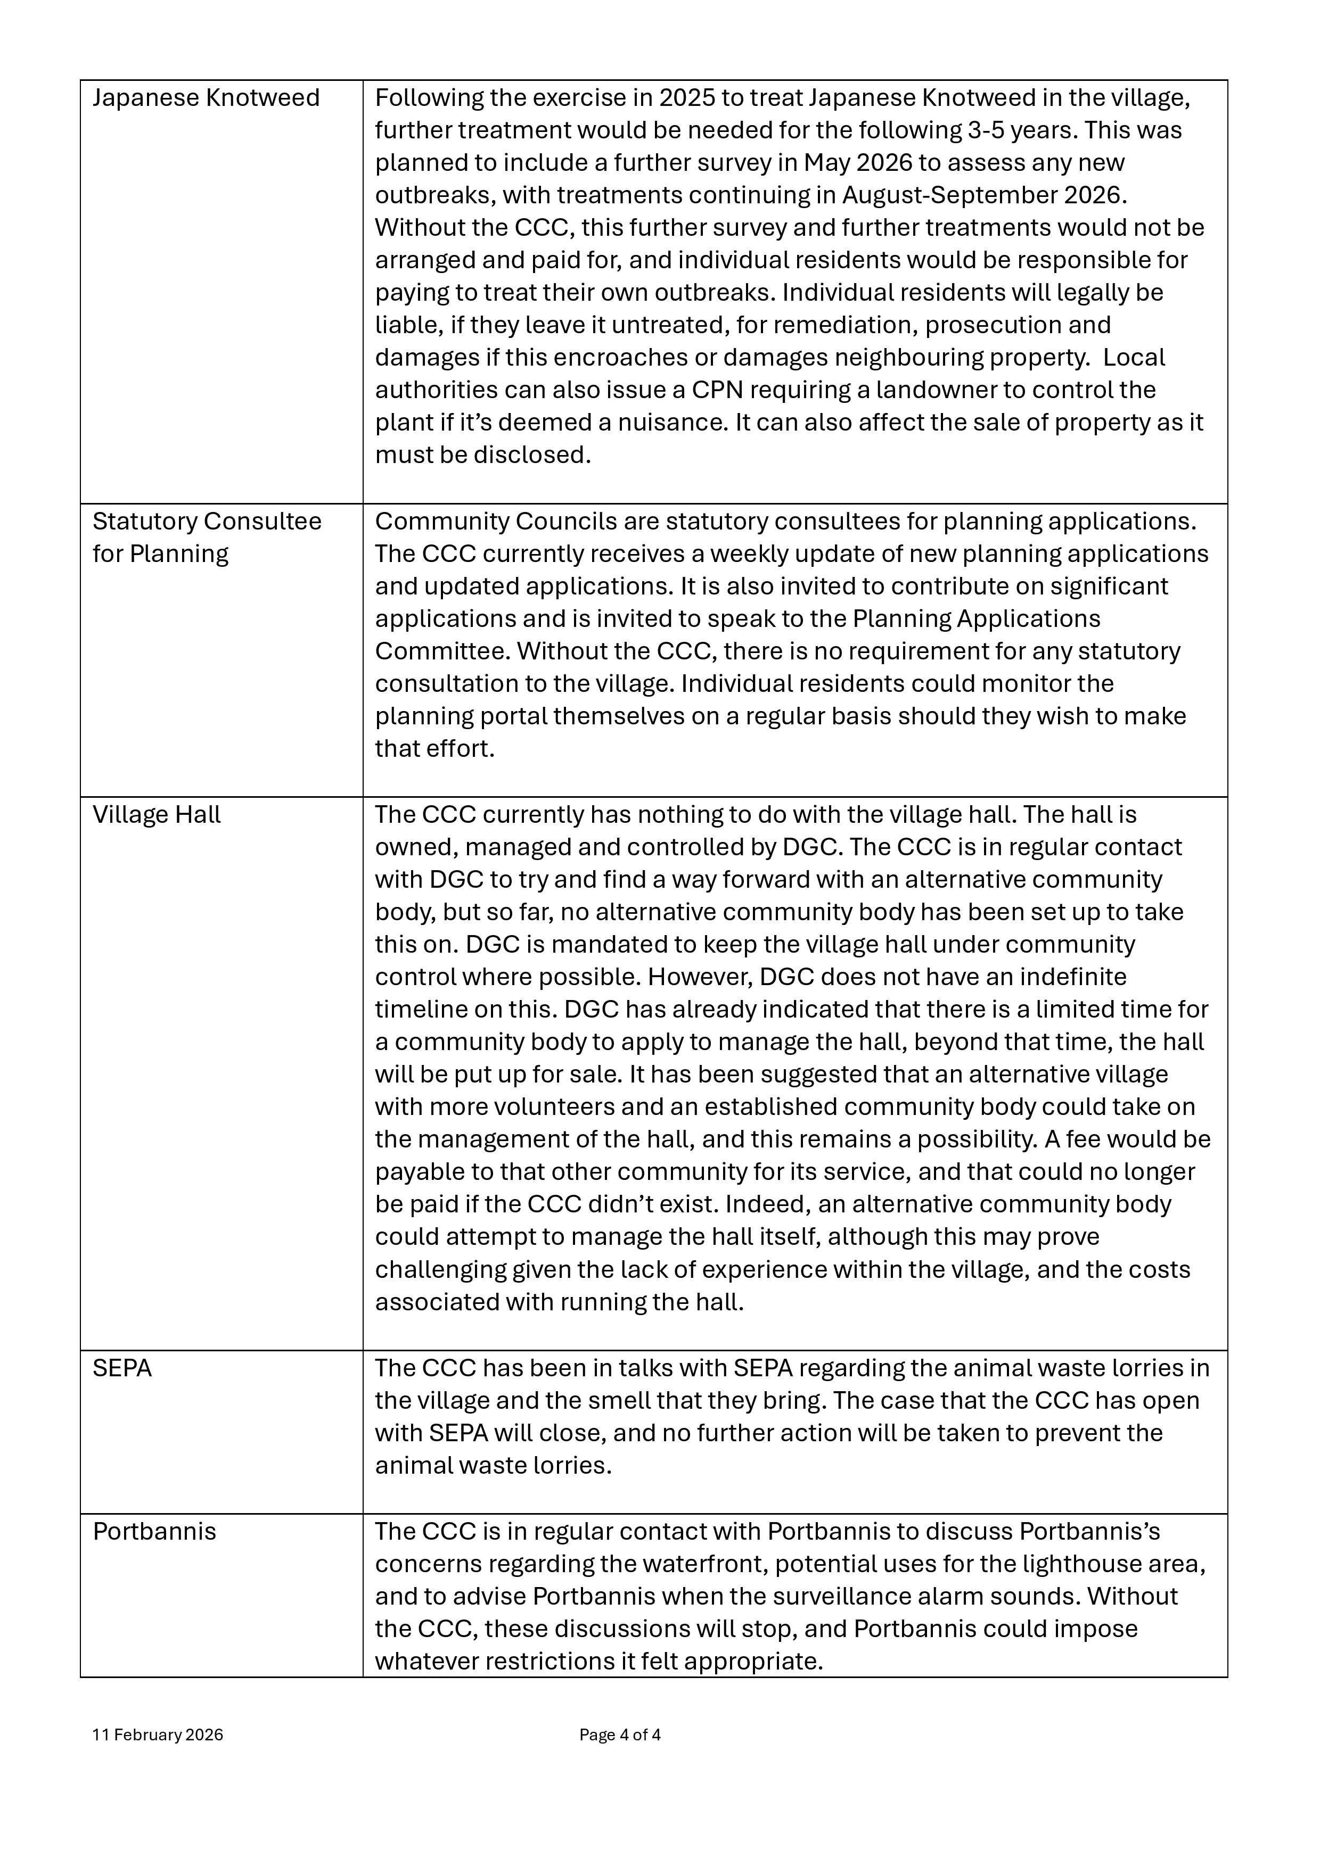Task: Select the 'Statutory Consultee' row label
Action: pyautogui.click(x=207, y=521)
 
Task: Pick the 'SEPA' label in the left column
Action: pyautogui.click(x=122, y=1368)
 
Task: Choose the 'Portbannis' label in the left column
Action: pyautogui.click(x=154, y=1532)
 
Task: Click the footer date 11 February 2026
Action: pyautogui.click(x=158, y=1735)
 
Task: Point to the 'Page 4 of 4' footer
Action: pyautogui.click(x=620, y=1735)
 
